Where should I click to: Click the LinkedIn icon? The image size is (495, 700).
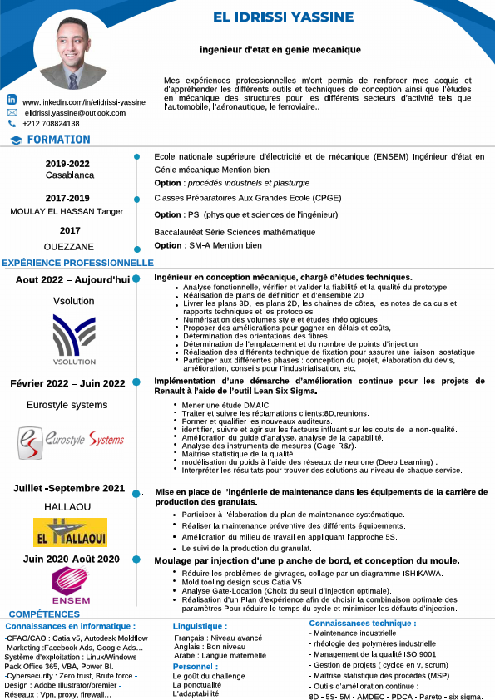coord(12,100)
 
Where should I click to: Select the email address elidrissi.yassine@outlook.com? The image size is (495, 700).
coord(75,112)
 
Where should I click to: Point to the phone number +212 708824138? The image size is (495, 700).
coord(51,123)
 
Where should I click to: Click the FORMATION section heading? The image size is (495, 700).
coord(64,140)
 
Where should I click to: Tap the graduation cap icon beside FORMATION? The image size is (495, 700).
coord(16,140)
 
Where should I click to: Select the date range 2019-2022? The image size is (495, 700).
coord(67,164)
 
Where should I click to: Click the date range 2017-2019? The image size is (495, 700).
coord(67,198)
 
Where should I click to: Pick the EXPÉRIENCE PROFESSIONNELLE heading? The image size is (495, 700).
coord(77,263)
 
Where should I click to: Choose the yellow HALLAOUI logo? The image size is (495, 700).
coord(70,533)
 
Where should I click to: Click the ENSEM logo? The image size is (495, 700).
coord(71,585)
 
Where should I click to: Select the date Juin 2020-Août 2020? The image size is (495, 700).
coord(72,559)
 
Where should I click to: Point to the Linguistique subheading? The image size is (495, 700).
coord(200,625)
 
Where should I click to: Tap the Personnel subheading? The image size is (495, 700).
coord(195,666)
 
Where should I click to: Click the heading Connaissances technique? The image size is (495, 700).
coord(363,623)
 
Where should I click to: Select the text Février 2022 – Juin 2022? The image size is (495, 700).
coord(67,383)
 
